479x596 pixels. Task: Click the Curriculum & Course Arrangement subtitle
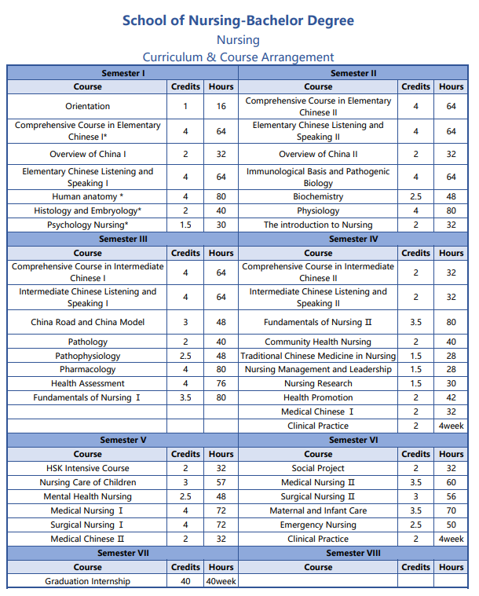point(238,57)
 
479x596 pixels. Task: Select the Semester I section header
point(123,73)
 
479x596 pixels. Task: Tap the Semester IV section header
point(353,239)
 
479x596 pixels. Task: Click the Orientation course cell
point(88,106)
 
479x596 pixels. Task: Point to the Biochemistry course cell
point(318,196)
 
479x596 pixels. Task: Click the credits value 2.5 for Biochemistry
point(415,196)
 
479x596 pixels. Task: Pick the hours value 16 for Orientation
point(221,106)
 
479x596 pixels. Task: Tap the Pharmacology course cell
point(88,369)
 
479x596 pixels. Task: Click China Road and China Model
point(88,322)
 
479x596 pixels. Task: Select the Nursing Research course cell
point(318,383)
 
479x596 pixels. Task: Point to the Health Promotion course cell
point(318,397)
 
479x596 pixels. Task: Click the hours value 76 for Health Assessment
point(221,383)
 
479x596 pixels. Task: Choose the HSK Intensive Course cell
point(88,468)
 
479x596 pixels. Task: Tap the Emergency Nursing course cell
point(318,525)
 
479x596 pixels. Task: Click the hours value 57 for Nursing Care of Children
point(221,482)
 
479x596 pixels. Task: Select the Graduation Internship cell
point(88,581)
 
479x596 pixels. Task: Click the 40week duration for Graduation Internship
point(221,581)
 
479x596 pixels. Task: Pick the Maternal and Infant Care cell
point(318,510)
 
